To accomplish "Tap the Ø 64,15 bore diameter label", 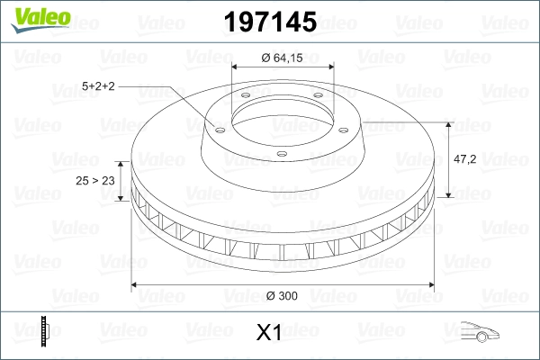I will (x=283, y=58).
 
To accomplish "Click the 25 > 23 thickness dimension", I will (x=94, y=181).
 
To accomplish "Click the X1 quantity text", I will (x=269, y=333).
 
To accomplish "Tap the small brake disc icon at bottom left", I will (x=45, y=332).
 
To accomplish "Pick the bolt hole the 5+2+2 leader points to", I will (x=218, y=126).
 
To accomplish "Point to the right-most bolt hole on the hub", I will (x=346, y=126).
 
